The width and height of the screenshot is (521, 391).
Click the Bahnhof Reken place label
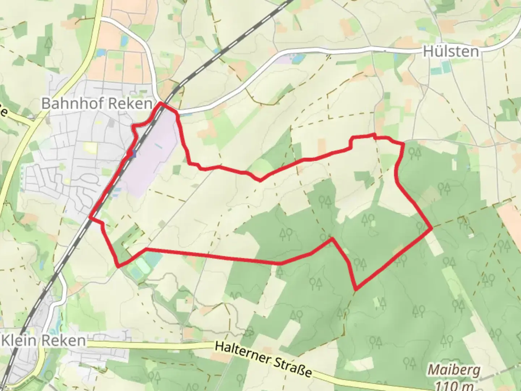(97, 104)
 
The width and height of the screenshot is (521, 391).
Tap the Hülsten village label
(451, 51)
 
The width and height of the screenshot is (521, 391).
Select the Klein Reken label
(44, 341)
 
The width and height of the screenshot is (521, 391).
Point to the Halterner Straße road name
(263, 360)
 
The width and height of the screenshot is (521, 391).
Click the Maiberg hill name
(454, 370)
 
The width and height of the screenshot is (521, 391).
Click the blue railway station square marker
(134, 154)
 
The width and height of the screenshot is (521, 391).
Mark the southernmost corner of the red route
(356, 290)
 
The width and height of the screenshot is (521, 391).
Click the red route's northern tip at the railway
(161, 104)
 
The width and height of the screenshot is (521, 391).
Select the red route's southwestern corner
(118, 267)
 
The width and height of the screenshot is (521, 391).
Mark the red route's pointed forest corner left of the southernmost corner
(331, 239)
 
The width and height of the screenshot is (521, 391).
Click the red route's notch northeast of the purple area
(260, 180)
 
